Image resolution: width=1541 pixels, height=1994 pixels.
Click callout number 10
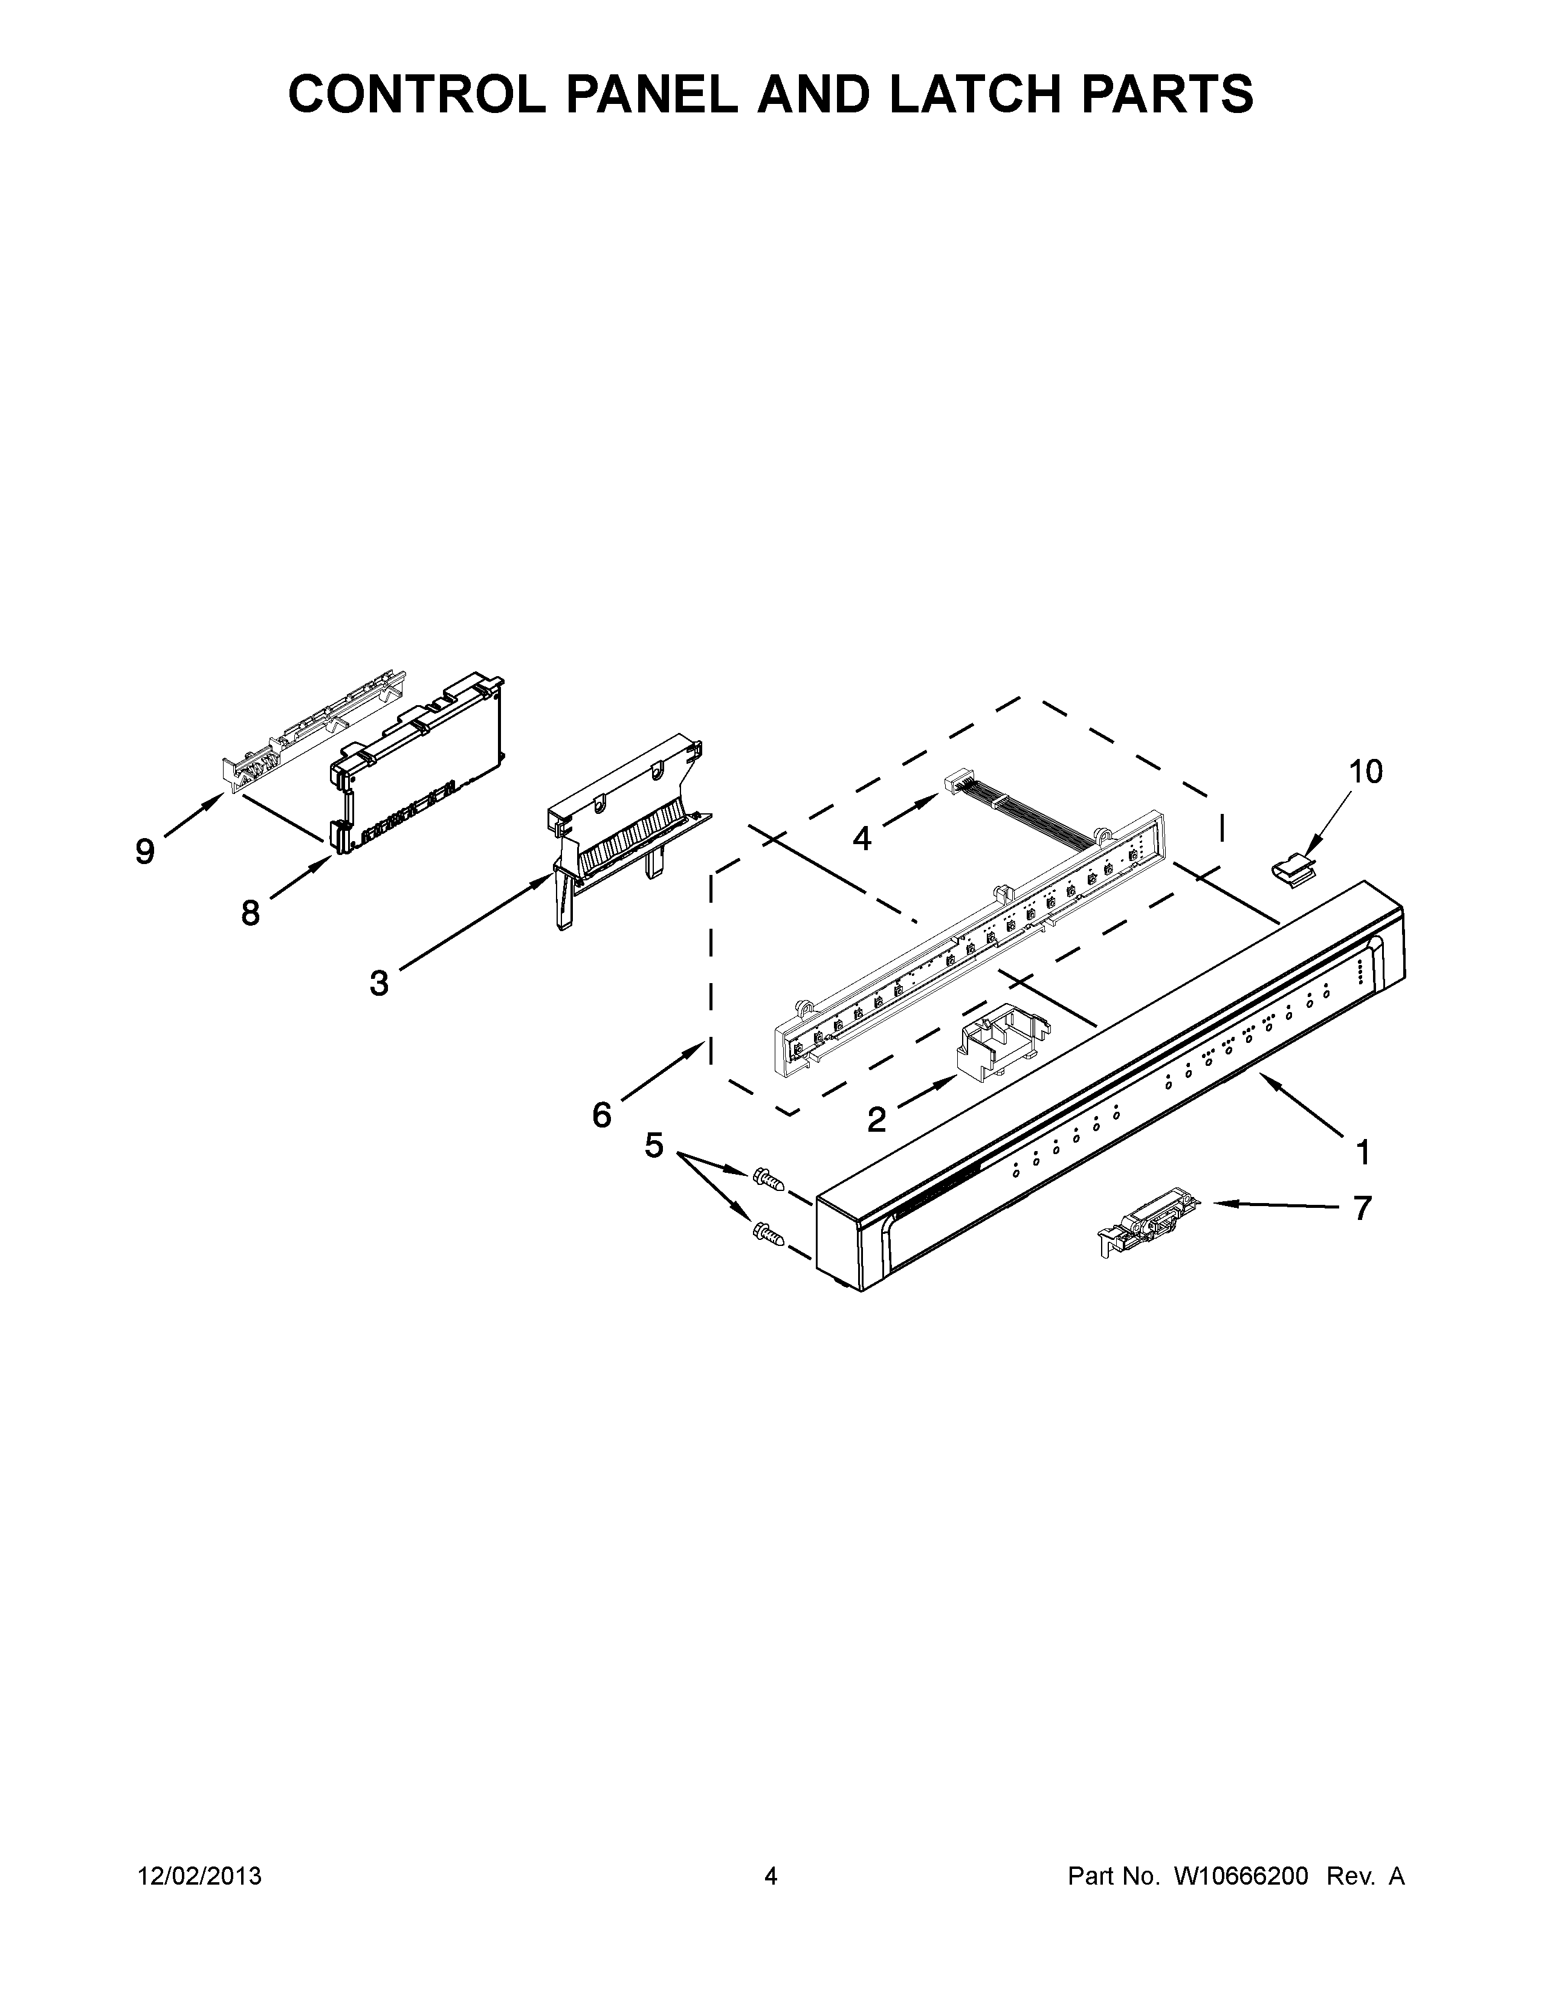point(1366,772)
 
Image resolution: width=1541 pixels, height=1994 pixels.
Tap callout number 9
point(145,852)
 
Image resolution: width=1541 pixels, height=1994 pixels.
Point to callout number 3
point(379,983)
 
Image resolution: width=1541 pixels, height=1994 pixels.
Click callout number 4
point(862,837)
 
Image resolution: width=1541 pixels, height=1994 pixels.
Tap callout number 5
point(654,1145)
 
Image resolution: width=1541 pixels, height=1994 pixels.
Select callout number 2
point(876,1119)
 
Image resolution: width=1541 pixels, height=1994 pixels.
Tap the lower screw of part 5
point(767,1235)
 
